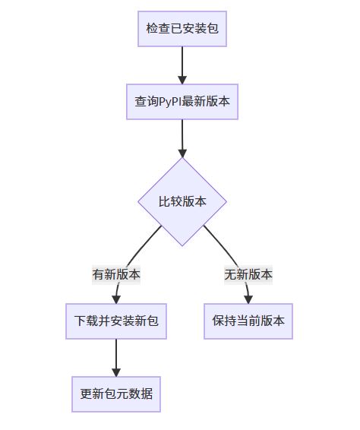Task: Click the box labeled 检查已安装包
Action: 182,29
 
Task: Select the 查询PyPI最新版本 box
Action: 182,102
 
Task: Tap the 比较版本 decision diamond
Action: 182,201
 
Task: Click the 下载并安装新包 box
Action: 116,321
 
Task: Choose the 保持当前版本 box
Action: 248,321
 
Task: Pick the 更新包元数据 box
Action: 116,394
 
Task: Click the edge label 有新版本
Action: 116,275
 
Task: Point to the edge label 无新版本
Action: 248,275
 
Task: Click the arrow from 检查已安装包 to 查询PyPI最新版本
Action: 182,65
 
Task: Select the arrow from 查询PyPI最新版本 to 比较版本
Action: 182,138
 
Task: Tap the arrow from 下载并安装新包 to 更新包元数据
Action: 116,358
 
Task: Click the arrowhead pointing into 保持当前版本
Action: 248,299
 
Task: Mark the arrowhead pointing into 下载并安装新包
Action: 116,299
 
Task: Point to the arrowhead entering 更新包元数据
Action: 116,372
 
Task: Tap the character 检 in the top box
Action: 152,29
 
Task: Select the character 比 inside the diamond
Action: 164,201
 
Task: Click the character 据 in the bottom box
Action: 147,394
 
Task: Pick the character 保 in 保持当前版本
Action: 218,321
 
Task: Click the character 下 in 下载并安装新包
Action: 80,321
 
